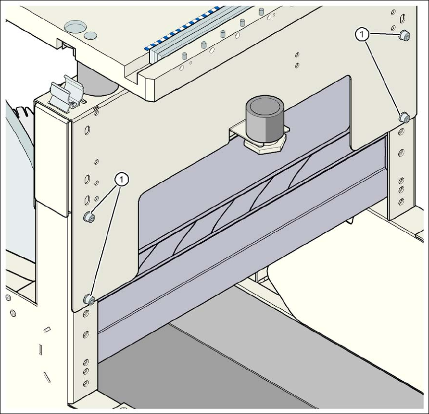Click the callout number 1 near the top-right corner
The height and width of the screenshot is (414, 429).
point(361,34)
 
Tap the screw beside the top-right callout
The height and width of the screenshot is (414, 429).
point(404,35)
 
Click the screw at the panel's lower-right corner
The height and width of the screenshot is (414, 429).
point(404,118)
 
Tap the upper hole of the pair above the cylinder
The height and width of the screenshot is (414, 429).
point(297,54)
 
